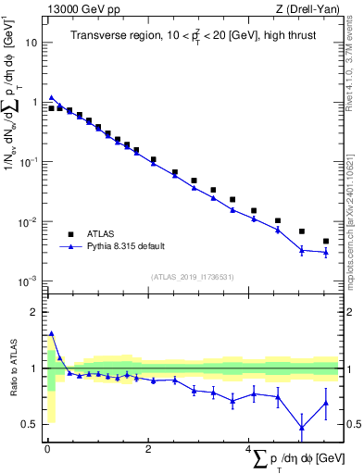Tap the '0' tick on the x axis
pyautogui.click(x=46, y=449)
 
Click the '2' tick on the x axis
pyautogui.click(x=147, y=449)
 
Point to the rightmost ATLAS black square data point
pyautogui.click(x=325, y=242)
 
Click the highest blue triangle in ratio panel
pyautogui.click(x=51, y=333)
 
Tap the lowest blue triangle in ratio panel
pyautogui.click(x=301, y=428)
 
